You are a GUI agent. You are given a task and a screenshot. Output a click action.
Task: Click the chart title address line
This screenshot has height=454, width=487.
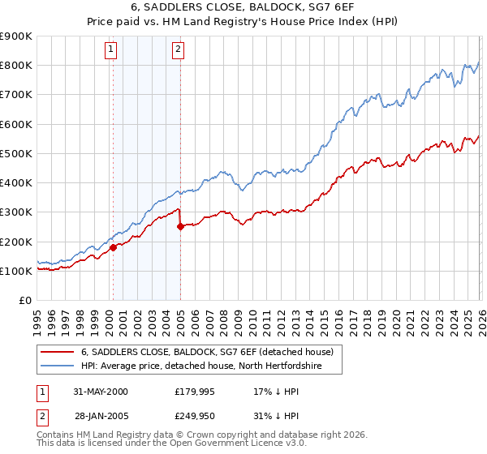(x=243, y=7)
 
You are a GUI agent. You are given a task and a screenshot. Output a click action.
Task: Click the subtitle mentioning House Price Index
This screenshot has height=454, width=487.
(x=243, y=22)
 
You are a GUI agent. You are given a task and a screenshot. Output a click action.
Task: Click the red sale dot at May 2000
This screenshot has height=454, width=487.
(x=114, y=248)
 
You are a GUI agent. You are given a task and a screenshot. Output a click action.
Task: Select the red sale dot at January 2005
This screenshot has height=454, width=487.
(x=180, y=227)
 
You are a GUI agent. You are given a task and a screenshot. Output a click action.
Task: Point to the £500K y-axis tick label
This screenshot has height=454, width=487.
(x=16, y=153)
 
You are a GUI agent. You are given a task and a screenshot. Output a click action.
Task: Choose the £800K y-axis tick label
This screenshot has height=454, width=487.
(x=16, y=65)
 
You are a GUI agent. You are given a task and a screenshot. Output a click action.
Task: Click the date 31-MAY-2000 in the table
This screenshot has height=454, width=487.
(x=101, y=392)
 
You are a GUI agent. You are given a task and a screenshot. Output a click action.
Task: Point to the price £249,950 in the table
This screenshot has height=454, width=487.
(x=196, y=416)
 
